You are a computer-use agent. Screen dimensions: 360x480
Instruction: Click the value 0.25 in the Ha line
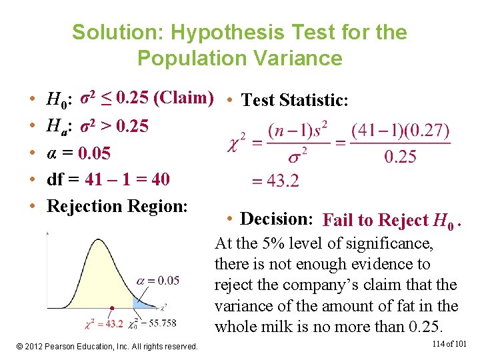pyautogui.click(x=131, y=126)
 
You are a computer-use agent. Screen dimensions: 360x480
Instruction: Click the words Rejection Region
pyautogui.click(x=117, y=206)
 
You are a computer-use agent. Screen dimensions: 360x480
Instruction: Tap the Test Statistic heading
pyautogui.click(x=294, y=100)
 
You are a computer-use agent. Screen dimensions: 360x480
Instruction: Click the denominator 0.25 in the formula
pyautogui.click(x=401, y=157)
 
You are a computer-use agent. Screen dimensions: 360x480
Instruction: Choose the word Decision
pyautogui.click(x=276, y=219)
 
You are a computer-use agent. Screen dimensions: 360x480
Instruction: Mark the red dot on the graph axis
pyautogui.click(x=112, y=309)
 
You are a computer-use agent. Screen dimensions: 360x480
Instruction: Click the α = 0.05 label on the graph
pyautogui.click(x=158, y=281)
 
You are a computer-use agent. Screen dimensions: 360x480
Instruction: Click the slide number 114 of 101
pyautogui.click(x=449, y=344)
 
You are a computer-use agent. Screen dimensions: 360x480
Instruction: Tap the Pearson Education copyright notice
pyautogui.click(x=107, y=346)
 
